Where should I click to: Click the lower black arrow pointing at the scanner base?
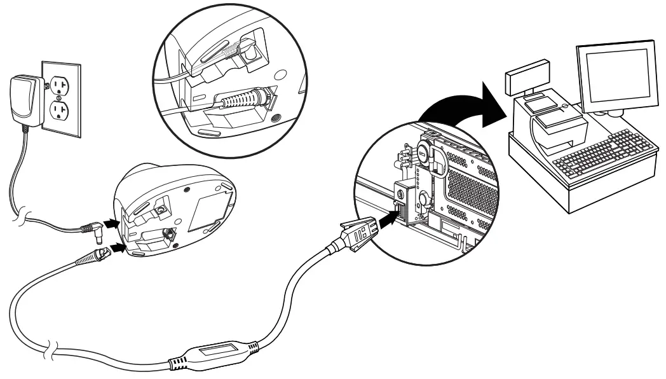point(117,244)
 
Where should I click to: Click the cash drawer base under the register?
point(572,191)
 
